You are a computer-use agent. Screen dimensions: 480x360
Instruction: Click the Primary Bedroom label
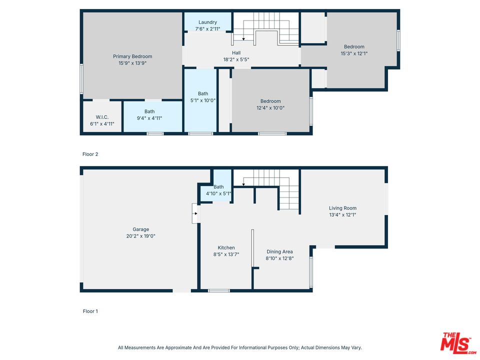point(132,56)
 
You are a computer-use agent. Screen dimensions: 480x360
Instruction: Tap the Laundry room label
point(207,22)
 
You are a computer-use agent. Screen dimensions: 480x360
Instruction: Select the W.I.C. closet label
point(102,117)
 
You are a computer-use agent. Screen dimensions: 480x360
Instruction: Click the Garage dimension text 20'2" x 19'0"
point(141,236)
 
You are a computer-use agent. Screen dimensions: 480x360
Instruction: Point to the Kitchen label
point(226,247)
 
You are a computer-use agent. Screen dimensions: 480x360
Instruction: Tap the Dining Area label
point(279,251)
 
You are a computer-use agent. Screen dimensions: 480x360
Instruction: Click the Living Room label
point(342,208)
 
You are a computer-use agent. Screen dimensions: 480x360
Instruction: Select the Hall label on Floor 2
point(236,53)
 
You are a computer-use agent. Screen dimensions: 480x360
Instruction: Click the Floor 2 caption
point(90,154)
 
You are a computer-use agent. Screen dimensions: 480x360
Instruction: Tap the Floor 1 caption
point(90,311)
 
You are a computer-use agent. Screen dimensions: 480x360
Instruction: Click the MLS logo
point(458,343)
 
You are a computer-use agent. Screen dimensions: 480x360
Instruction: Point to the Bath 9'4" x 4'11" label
point(149,111)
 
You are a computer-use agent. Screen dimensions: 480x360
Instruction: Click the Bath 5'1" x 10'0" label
point(203,93)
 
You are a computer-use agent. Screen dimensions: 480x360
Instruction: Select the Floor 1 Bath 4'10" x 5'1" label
point(218,186)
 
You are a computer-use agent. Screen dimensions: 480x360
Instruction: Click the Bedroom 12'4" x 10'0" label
point(270,101)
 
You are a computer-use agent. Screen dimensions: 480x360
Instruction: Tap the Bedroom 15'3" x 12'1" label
point(354,47)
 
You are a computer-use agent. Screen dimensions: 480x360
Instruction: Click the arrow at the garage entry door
point(195,213)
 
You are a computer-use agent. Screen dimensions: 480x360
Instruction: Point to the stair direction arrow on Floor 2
point(243,39)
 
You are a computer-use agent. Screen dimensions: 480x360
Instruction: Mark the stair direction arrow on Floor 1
point(243,184)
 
